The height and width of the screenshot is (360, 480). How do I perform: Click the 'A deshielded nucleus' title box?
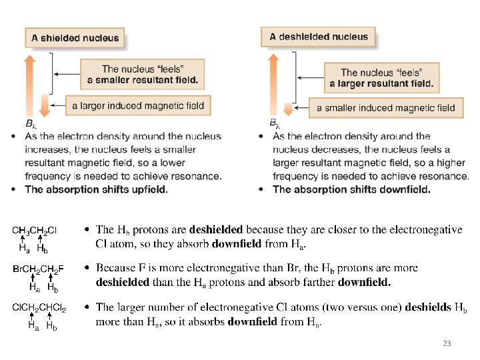[x=318, y=37]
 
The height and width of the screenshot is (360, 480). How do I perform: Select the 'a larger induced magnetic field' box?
[x=138, y=105]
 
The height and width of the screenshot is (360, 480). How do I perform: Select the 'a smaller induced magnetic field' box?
[x=385, y=107]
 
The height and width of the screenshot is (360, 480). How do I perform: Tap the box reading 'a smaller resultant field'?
[x=142, y=74]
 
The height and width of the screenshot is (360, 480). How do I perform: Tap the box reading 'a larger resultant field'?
[x=381, y=78]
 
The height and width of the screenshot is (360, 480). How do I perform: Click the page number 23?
[x=446, y=344]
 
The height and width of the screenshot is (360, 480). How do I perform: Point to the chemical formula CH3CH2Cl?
[x=35, y=231]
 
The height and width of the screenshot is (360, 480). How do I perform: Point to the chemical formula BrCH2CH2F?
[x=39, y=269]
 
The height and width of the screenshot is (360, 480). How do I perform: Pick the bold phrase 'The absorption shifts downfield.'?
[x=351, y=189]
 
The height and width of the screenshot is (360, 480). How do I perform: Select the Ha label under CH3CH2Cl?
[x=24, y=249]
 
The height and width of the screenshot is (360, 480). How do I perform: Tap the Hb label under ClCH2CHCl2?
[x=51, y=327]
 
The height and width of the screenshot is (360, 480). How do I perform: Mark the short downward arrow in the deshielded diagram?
[x=287, y=109]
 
